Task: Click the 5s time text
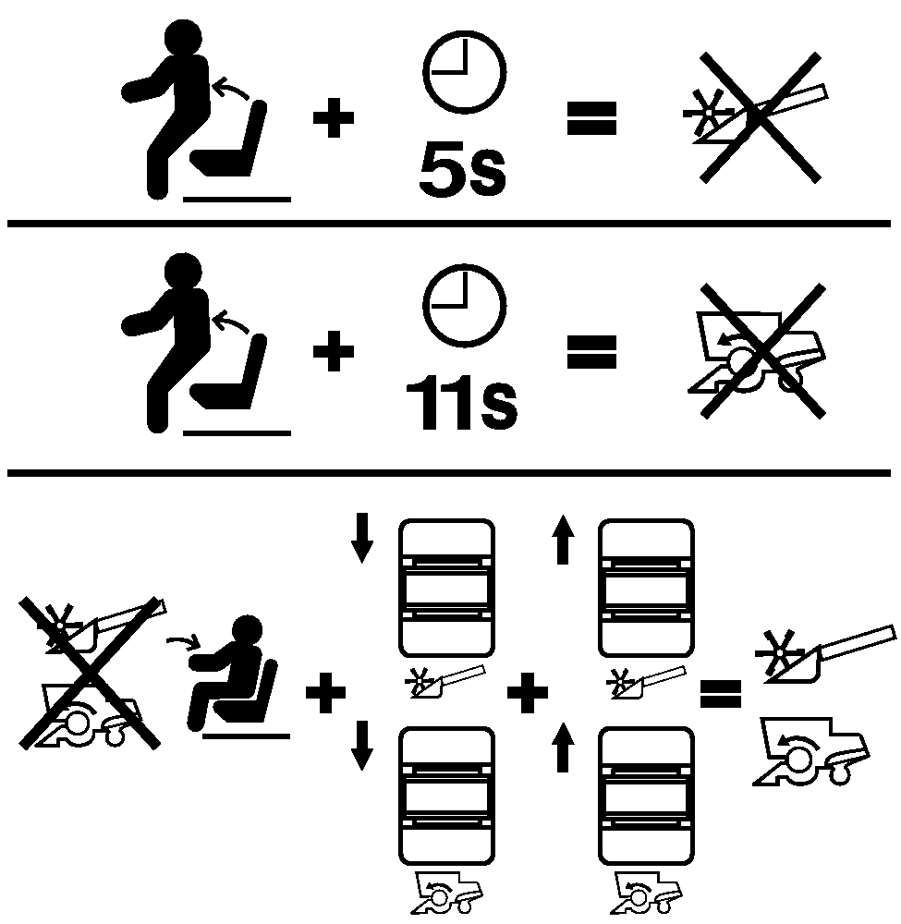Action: point(463,169)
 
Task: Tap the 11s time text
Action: point(461,403)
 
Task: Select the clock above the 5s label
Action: point(464,72)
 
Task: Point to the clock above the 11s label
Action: point(464,305)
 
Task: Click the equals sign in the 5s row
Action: point(591,118)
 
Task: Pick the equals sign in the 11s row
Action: point(591,352)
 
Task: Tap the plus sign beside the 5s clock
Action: point(334,117)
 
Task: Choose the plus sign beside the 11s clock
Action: point(334,351)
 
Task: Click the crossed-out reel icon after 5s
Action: point(757,117)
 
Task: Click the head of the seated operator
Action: point(248,630)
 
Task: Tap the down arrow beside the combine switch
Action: point(362,745)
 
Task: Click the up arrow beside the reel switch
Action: point(564,540)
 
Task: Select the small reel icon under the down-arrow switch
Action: point(445,682)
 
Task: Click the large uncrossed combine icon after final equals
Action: point(811,750)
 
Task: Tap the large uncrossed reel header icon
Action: point(825,655)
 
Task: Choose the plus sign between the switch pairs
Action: point(528,692)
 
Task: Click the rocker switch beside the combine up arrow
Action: point(647,796)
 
